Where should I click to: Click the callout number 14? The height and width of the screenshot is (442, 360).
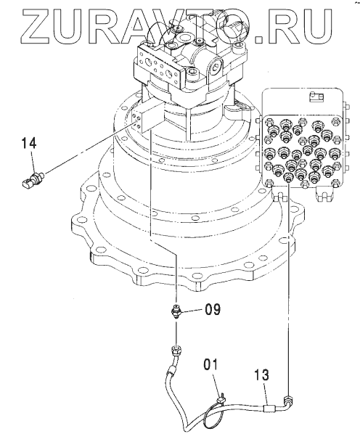29,143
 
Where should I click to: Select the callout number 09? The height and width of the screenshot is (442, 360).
213,309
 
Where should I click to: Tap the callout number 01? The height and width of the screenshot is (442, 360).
210,364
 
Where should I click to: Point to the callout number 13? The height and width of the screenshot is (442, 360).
262,375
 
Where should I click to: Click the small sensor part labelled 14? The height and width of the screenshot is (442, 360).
33,181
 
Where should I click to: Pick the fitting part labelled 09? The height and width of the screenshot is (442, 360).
176,312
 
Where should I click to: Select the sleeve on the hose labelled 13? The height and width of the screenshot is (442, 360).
269,409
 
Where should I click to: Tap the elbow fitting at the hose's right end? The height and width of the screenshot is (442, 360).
288,401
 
